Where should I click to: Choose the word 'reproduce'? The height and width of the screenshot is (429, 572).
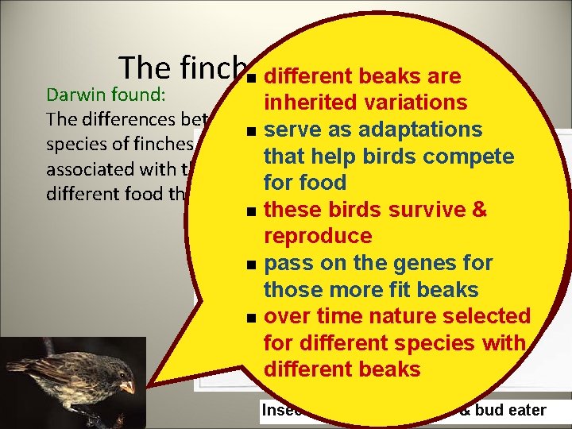[318, 236]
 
